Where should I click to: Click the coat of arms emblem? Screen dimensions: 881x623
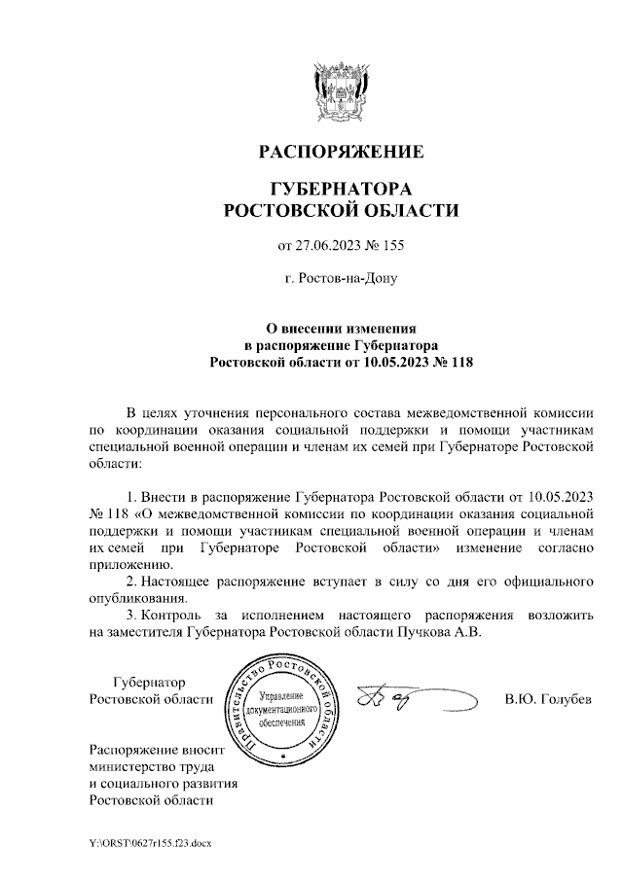pyautogui.click(x=340, y=90)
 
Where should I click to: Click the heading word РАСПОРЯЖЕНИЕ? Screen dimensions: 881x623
pyautogui.click(x=340, y=153)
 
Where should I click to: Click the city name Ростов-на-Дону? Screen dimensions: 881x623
pyautogui.click(x=342, y=277)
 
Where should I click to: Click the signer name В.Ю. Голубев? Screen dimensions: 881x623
pyautogui.click(x=548, y=700)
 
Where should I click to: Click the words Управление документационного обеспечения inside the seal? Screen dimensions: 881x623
pyautogui.click(x=282, y=711)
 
